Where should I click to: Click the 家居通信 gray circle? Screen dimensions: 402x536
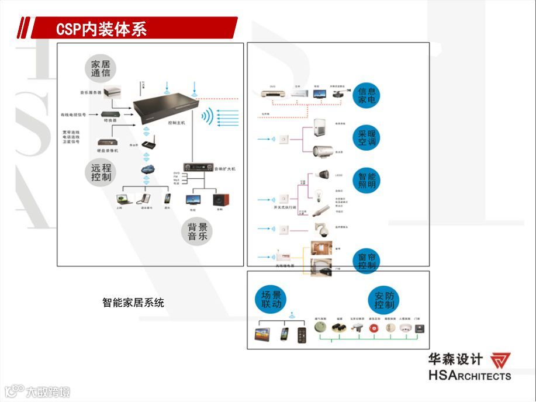point(101,68)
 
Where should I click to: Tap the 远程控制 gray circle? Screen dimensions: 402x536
point(101,172)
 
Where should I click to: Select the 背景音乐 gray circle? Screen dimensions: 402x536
point(197,232)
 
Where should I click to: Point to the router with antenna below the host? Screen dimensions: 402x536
point(152,142)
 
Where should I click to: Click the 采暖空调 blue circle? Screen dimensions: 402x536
point(367,138)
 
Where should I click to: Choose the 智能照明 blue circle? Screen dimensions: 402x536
point(367,181)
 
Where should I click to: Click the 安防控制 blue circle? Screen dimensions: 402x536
point(384,299)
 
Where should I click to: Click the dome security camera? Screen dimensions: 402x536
point(322,229)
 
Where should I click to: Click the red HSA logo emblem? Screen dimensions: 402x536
point(500,361)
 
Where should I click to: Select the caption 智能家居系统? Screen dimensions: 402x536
point(133,303)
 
